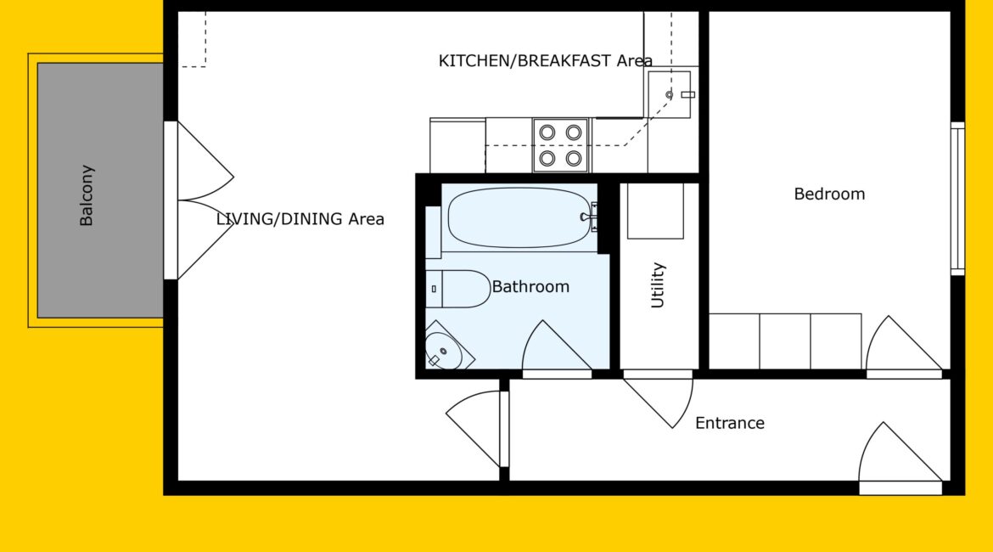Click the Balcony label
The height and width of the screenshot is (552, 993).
pyautogui.click(x=86, y=195)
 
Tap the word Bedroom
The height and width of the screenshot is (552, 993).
pyautogui.click(x=829, y=194)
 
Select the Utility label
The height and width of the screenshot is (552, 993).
pyautogui.click(x=658, y=285)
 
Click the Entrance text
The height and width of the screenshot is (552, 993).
pyautogui.click(x=730, y=423)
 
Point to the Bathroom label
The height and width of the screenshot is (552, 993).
pyautogui.click(x=530, y=286)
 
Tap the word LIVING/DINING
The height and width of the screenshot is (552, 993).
pyautogui.click(x=279, y=219)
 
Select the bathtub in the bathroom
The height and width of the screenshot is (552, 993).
pyautogui.click(x=519, y=217)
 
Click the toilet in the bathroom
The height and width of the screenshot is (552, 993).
pyautogui.click(x=457, y=289)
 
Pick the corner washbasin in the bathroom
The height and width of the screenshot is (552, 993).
pyautogui.click(x=447, y=347)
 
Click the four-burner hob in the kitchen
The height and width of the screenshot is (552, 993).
pyautogui.click(x=560, y=145)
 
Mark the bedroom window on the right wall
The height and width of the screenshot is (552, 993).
pyautogui.click(x=957, y=199)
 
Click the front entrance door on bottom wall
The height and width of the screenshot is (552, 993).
pyautogui.click(x=900, y=453)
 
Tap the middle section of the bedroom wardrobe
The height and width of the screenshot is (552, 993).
pyautogui.click(x=785, y=341)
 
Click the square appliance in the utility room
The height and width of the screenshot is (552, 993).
pyautogui.click(x=655, y=211)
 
